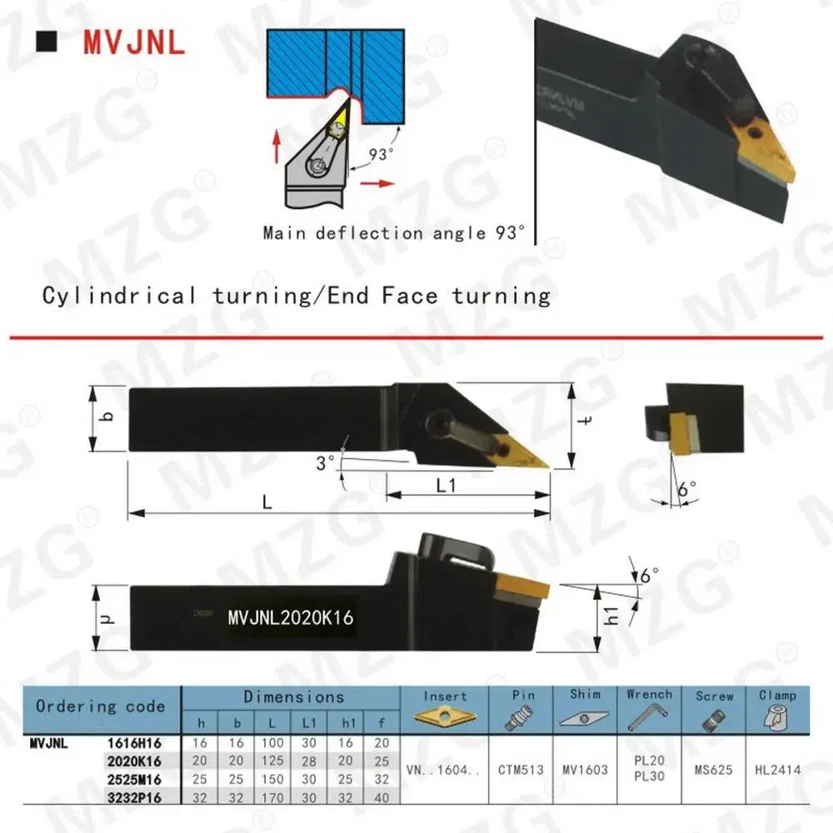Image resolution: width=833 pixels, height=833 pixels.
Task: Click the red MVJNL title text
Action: (x=134, y=42)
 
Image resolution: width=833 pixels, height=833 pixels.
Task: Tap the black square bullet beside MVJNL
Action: (x=46, y=42)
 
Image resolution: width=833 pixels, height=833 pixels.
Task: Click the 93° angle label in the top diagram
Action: (x=382, y=154)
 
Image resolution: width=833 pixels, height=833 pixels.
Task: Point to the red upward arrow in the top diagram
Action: (x=277, y=145)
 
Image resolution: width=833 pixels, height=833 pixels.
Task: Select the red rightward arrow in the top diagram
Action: (x=377, y=184)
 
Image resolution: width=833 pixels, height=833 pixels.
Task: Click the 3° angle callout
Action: (x=325, y=462)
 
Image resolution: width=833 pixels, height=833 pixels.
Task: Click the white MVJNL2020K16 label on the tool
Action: (x=291, y=617)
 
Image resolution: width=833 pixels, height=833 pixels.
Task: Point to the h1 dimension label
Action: (x=612, y=615)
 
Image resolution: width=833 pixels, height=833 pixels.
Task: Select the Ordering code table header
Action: (x=101, y=706)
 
